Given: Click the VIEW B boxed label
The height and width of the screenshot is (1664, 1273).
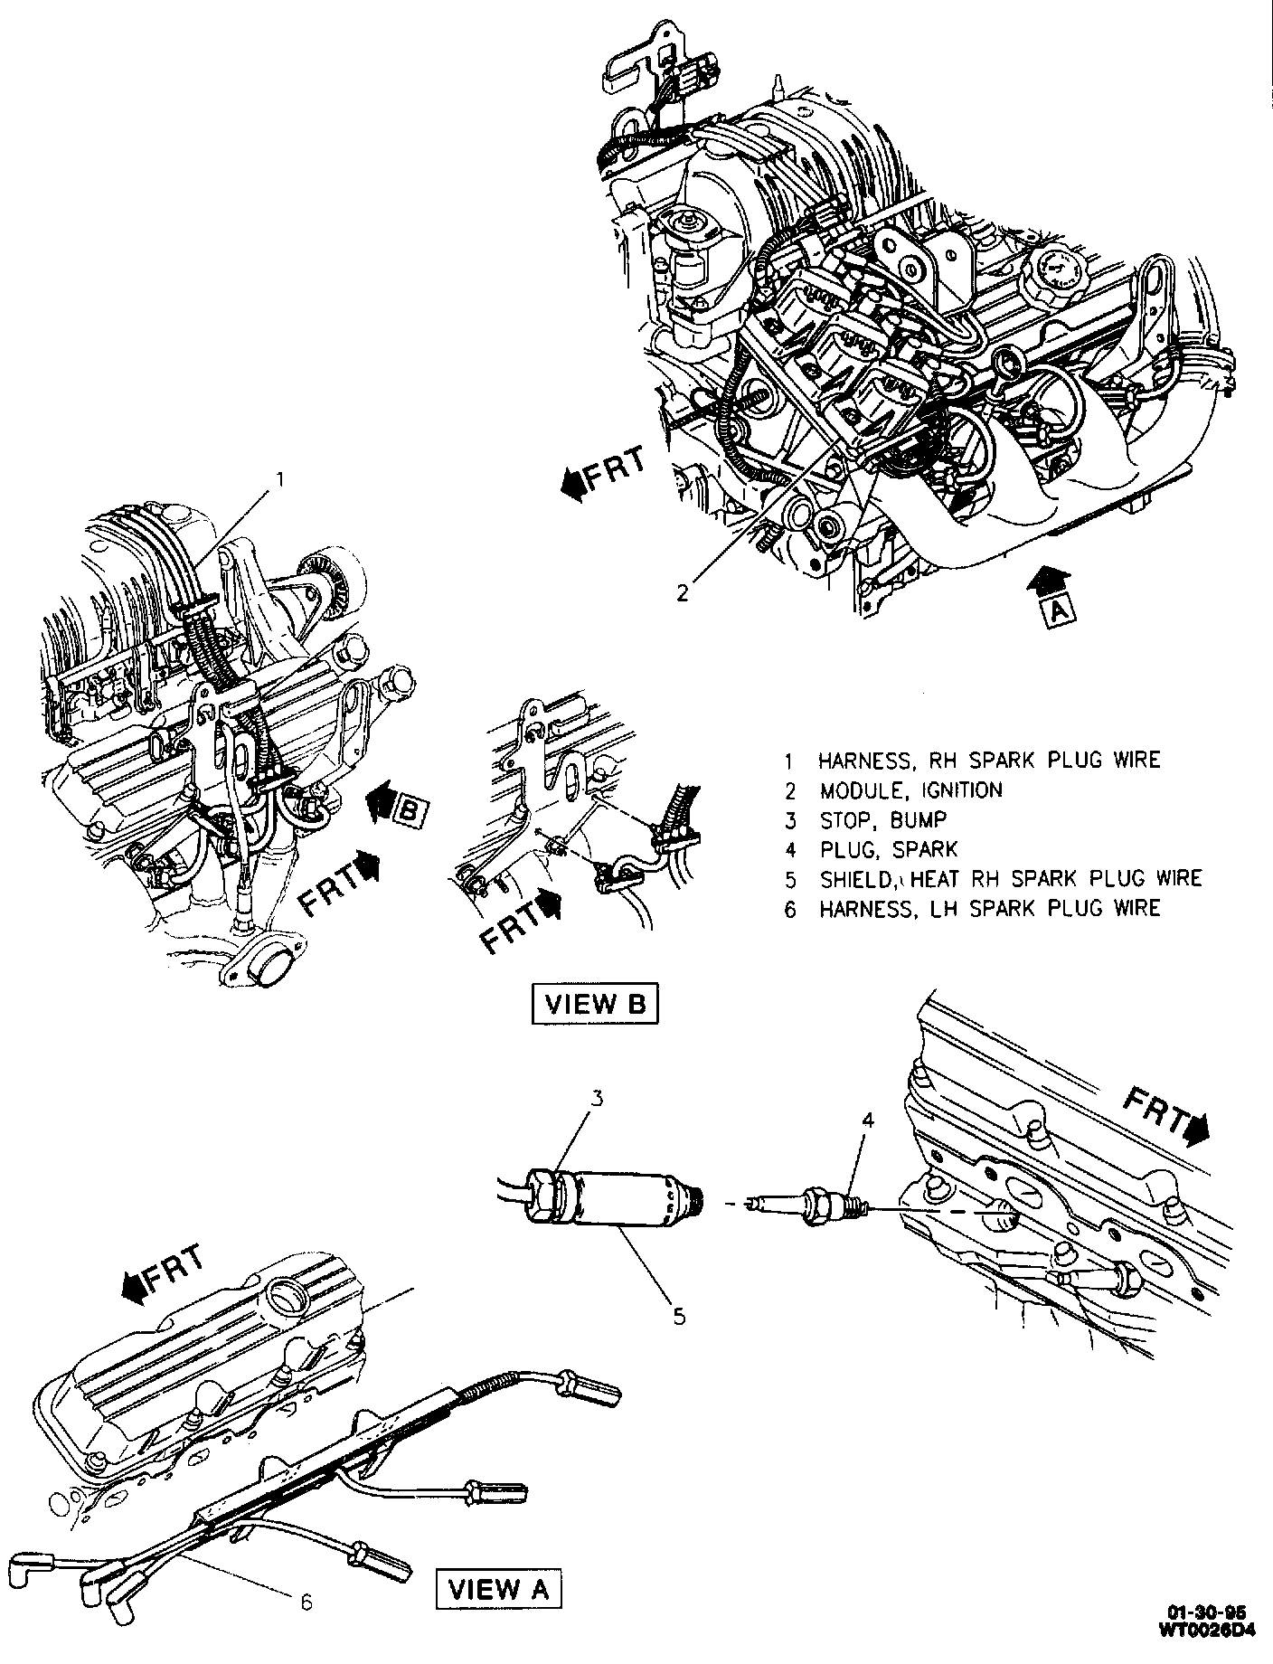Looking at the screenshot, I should coord(593,1004).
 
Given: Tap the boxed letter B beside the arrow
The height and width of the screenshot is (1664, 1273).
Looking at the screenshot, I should coord(408,811).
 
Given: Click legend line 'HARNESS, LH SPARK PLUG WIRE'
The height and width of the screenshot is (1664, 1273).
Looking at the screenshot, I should coord(988,909).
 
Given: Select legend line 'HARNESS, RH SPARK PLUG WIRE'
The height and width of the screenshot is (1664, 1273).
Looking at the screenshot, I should coord(988,760).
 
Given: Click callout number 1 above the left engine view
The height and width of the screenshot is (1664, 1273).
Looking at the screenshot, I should coord(280,477).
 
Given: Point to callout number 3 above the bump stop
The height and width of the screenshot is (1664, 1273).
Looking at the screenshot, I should coord(598,1100).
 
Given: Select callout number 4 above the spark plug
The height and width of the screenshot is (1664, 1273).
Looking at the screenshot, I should coord(867,1121).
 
